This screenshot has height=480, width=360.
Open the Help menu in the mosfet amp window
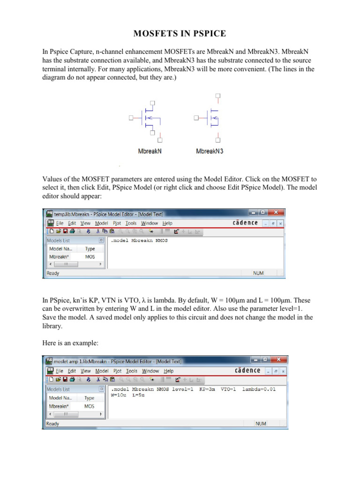pyautogui.click(x=168, y=371)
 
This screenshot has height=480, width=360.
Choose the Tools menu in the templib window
pyautogui.click(x=131, y=223)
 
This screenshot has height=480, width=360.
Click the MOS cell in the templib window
pyautogui.click(x=90, y=257)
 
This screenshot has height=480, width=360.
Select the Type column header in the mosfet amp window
pyautogui.click(x=90, y=397)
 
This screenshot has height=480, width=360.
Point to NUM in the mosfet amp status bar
pyautogui.click(x=261, y=423)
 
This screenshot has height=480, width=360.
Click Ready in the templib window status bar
pyautogui.click(x=53, y=273)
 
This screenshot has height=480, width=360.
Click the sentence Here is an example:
pyautogui.click(x=70, y=343)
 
